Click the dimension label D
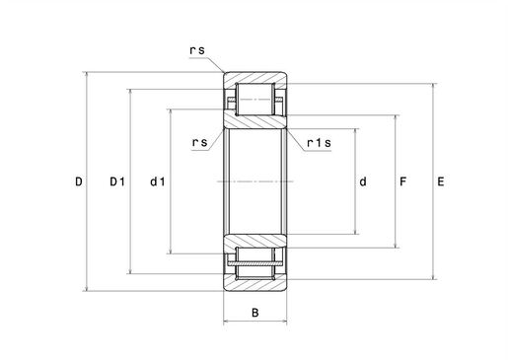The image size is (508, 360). point(79,181)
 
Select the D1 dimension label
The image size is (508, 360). point(117,181)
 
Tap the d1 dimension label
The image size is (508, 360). point(158,181)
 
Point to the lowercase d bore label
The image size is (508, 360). point(363,181)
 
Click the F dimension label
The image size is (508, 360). point(402,181)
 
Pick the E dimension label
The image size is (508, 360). point(441,181)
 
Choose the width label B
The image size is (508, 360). point(255,313)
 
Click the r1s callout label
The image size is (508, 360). point(319,143)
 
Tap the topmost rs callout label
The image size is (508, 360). point(197,50)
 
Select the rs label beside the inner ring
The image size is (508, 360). point(200,143)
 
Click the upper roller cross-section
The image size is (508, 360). point(254,99)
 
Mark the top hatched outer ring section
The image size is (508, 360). point(255,78)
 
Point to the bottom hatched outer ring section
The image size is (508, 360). point(255,285)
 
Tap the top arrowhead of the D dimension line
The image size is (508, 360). point(87,75)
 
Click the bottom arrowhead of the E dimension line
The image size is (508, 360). point(434,276)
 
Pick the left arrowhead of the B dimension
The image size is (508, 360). point(227,322)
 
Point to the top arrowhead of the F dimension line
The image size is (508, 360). point(397,118)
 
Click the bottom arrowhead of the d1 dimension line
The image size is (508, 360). point(171,251)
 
